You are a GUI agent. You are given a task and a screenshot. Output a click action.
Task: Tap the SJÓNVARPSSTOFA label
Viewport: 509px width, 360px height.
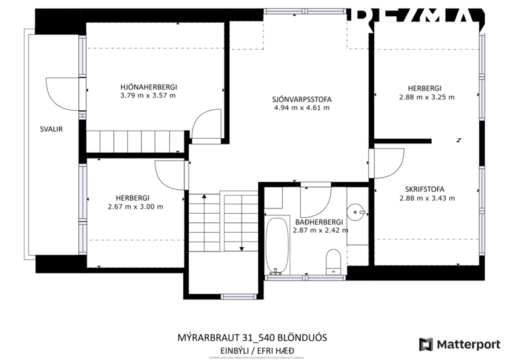[301, 99]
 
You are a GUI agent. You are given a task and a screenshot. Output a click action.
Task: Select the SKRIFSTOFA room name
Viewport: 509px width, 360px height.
[425, 189]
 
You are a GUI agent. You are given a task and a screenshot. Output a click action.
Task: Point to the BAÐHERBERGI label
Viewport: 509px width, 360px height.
[319, 222]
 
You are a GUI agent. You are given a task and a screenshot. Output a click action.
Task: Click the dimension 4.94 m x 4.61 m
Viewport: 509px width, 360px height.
[301, 108]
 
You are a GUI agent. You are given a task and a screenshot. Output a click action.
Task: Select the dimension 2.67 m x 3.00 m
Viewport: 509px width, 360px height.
[135, 207]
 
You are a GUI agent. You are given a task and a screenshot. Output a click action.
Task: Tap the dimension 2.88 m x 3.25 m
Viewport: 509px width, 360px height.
[427, 98]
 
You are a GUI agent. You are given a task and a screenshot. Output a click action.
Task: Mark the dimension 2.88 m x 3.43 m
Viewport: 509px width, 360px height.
[427, 198]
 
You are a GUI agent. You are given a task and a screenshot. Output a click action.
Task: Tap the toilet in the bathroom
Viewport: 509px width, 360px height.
[334, 261]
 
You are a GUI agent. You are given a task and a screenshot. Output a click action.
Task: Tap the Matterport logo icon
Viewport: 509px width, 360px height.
[426, 344]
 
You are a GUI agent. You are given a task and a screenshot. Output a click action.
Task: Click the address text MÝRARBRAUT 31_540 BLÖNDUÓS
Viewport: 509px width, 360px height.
[255, 337]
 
